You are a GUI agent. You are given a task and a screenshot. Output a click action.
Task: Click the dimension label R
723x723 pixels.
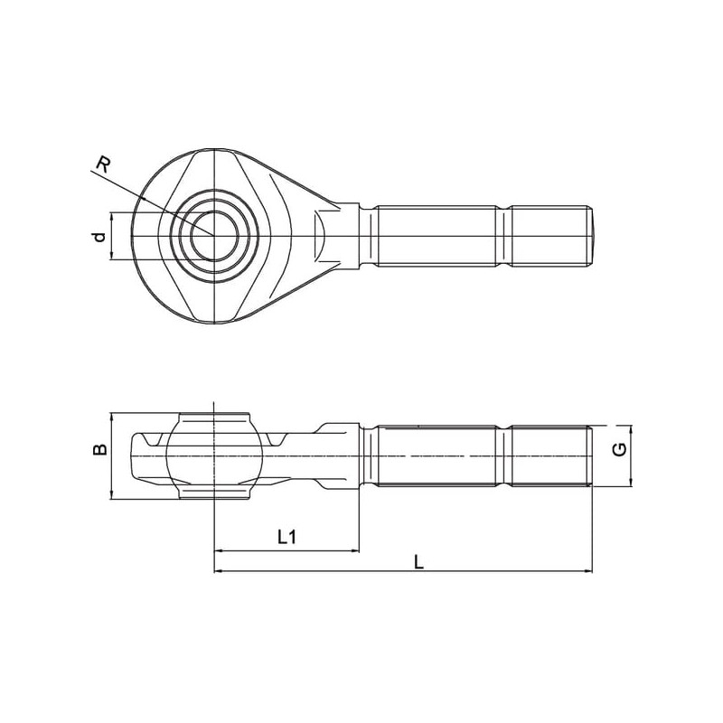pyautogui.click(x=103, y=164)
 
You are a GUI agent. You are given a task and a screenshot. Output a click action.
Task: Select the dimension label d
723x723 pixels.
pyautogui.click(x=99, y=237)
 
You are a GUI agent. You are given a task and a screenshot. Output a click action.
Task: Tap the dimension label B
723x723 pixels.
pyautogui.click(x=99, y=449)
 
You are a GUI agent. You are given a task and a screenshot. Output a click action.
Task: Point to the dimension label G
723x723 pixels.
pyautogui.click(x=620, y=449)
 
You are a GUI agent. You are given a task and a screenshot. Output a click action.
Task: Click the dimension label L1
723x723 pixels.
pyautogui.click(x=286, y=536)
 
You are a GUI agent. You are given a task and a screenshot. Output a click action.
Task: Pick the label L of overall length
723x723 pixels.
pyautogui.click(x=418, y=561)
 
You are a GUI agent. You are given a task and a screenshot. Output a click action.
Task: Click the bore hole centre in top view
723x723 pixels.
pyautogui.click(x=214, y=236)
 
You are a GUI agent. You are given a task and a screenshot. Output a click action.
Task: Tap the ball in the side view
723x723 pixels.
pyautogui.click(x=214, y=456)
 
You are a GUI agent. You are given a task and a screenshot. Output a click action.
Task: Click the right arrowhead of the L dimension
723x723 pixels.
pyautogui.click(x=588, y=571)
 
